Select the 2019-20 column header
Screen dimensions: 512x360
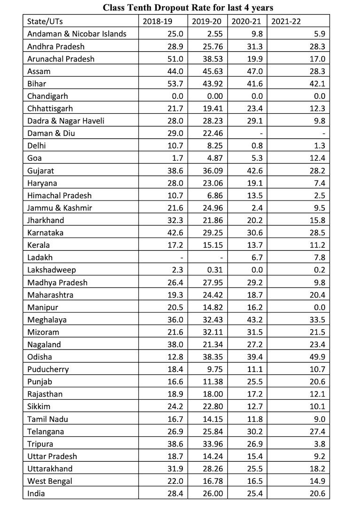click(207, 21)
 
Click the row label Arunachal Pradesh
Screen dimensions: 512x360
click(61, 59)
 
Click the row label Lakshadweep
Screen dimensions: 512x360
click(51, 270)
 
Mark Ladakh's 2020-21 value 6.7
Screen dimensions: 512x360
click(256, 257)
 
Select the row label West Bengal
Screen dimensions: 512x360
click(50, 481)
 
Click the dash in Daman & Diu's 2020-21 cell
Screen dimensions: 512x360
click(261, 133)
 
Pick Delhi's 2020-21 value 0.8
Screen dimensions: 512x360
click(256, 146)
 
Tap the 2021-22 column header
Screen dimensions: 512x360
click(285, 21)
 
